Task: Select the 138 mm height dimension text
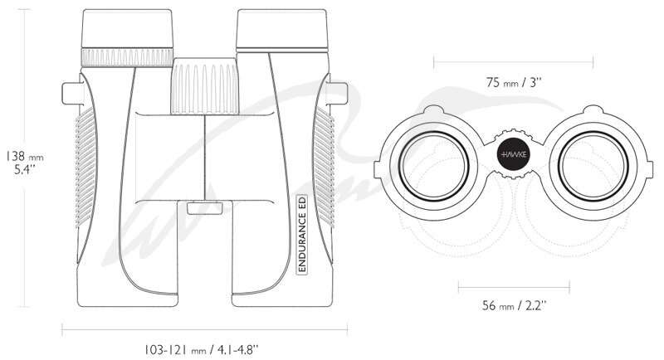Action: point(24,156)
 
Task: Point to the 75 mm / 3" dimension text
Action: point(514,82)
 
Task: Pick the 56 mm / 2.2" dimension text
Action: point(514,304)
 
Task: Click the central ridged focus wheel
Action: point(204,86)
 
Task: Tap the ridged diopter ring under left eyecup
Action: point(127,57)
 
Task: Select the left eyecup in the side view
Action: point(127,28)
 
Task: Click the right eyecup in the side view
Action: point(282,29)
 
